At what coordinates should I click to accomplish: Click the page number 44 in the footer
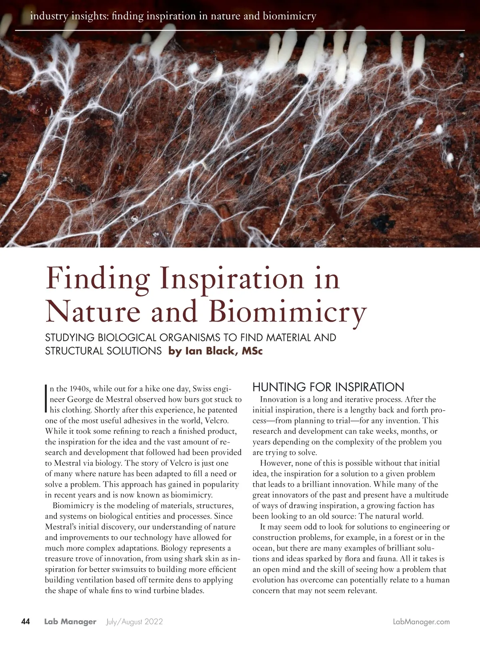25,621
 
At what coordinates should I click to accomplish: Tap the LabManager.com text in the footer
422,621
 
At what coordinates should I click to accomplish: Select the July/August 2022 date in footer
134,621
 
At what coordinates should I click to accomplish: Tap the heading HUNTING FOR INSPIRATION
328,387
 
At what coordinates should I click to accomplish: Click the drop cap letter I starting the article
47,399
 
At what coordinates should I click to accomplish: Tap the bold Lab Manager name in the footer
70,621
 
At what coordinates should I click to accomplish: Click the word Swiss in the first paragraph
202,389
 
